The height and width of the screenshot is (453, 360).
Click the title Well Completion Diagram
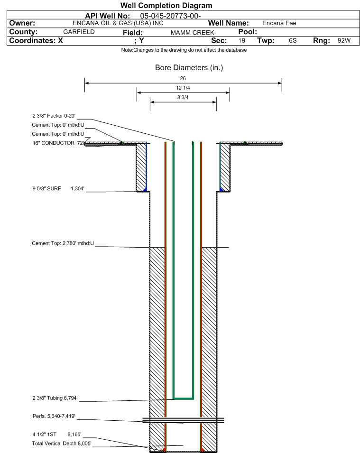(x=166, y=6)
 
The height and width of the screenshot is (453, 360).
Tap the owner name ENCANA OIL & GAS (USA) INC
(x=118, y=23)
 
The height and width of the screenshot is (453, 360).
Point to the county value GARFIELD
(x=79, y=32)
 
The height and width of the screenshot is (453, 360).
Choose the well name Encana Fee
(x=279, y=23)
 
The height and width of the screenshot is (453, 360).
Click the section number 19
(x=242, y=41)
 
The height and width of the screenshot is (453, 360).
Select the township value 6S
(x=293, y=41)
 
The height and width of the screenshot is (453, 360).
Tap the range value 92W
(x=344, y=41)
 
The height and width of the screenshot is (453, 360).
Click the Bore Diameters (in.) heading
(x=189, y=68)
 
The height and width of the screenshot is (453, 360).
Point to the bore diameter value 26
(x=183, y=78)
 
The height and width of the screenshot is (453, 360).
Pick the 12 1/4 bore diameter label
(x=183, y=88)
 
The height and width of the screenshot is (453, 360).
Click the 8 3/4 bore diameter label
(x=183, y=98)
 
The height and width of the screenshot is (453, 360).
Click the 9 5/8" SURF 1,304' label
(x=58, y=189)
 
